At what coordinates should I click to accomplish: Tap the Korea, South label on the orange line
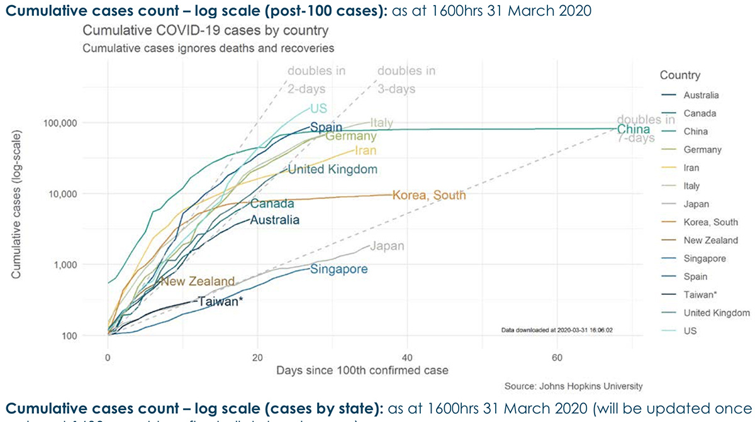[x=429, y=195]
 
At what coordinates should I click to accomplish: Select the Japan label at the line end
[x=386, y=246]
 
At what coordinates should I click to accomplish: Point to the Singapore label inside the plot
[x=339, y=269]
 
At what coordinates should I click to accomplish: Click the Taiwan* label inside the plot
[x=220, y=301]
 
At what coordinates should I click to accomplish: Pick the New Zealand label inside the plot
[x=198, y=281]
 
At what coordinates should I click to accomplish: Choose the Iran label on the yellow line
[x=366, y=150]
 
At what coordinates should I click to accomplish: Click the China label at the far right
[x=633, y=130]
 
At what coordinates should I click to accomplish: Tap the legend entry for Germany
[x=702, y=150]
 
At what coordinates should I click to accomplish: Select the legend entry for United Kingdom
[x=717, y=313]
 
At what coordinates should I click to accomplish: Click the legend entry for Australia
[x=701, y=96]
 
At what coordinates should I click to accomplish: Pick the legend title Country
[x=679, y=75]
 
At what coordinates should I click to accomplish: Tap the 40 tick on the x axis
[x=407, y=357]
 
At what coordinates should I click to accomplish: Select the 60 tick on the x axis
[x=557, y=357]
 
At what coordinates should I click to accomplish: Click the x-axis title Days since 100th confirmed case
[x=362, y=370]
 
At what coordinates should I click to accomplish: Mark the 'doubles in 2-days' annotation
[x=316, y=80]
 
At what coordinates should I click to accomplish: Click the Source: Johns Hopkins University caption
[x=574, y=386]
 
